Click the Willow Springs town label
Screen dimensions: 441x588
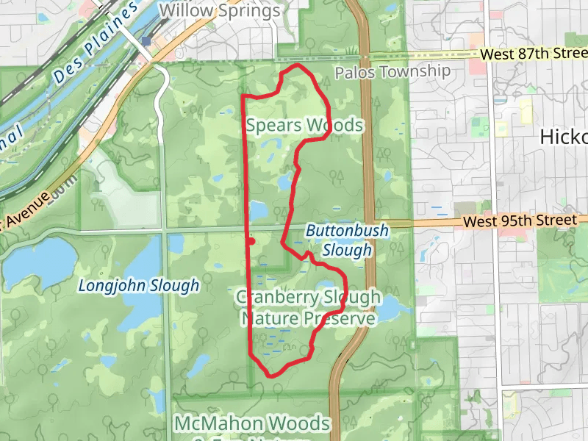click(x=220, y=11)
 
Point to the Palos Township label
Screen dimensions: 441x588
click(x=392, y=71)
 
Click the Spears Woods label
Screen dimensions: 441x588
click(x=304, y=126)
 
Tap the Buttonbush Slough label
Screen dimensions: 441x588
click(x=347, y=240)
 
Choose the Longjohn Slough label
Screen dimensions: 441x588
click(x=139, y=285)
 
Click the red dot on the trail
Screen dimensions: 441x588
click(x=251, y=240)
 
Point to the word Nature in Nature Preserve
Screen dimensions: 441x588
click(x=269, y=318)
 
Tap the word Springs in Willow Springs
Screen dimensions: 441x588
click(x=245, y=11)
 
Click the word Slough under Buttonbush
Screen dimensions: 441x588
click(x=347, y=251)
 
